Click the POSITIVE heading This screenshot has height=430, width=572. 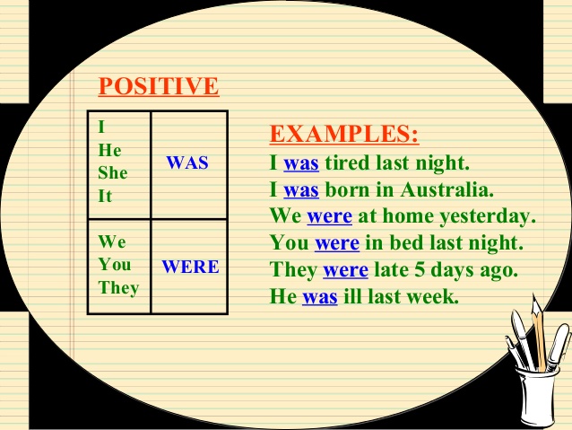(x=159, y=86)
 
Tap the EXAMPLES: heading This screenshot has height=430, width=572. (x=344, y=134)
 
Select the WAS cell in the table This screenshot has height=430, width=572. (x=189, y=165)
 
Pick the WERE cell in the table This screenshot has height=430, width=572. (x=189, y=267)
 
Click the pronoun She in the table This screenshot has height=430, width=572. (x=113, y=172)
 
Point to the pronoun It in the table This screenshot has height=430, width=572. (x=105, y=196)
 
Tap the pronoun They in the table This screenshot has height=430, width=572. (x=118, y=288)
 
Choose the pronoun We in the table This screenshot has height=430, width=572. (x=112, y=241)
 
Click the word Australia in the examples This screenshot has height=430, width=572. (x=446, y=189)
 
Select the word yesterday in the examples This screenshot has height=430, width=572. (x=488, y=216)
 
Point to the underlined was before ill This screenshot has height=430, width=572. (x=319, y=297)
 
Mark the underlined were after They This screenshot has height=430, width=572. (x=345, y=271)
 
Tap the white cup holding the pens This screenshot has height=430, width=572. (x=538, y=396)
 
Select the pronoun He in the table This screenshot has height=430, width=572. (x=109, y=150)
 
